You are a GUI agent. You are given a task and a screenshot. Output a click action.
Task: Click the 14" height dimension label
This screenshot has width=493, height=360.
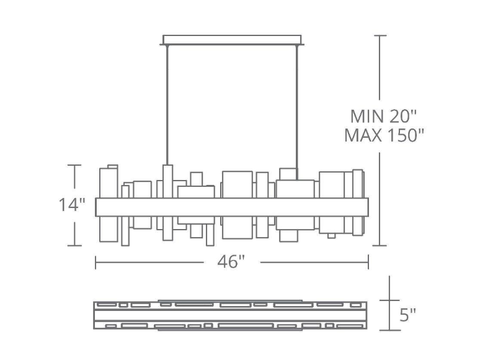(x=74, y=205)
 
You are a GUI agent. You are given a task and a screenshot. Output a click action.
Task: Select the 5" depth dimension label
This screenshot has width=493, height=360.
(x=407, y=315)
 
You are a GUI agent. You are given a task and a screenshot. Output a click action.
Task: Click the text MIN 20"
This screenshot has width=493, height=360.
(x=384, y=115)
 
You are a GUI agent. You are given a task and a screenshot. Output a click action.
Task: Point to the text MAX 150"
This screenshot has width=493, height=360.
(x=384, y=135)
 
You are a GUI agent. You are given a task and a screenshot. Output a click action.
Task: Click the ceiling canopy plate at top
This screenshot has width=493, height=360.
(x=233, y=40)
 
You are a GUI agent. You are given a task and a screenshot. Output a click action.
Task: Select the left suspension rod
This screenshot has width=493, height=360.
(x=167, y=106)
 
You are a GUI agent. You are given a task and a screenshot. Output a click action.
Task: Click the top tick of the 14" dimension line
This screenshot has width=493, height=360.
(x=74, y=165)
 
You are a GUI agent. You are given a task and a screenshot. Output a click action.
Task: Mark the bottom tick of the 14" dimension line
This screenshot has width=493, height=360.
(x=74, y=246)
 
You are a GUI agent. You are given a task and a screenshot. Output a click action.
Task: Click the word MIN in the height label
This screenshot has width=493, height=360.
(x=366, y=115)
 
